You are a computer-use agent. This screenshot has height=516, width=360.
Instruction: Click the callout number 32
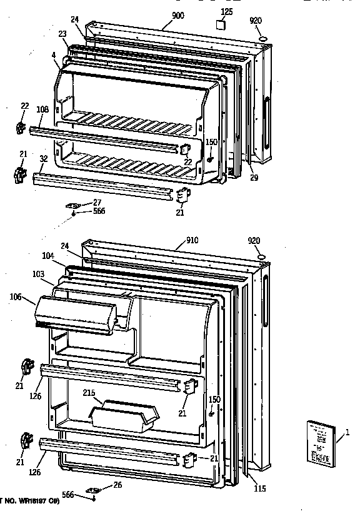pyautogui.click(x=43, y=159)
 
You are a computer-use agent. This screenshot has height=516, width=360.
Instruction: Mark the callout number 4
pyautogui.click(x=54, y=56)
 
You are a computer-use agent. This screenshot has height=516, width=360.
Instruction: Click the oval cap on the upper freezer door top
pyautogui.click(x=262, y=39)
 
